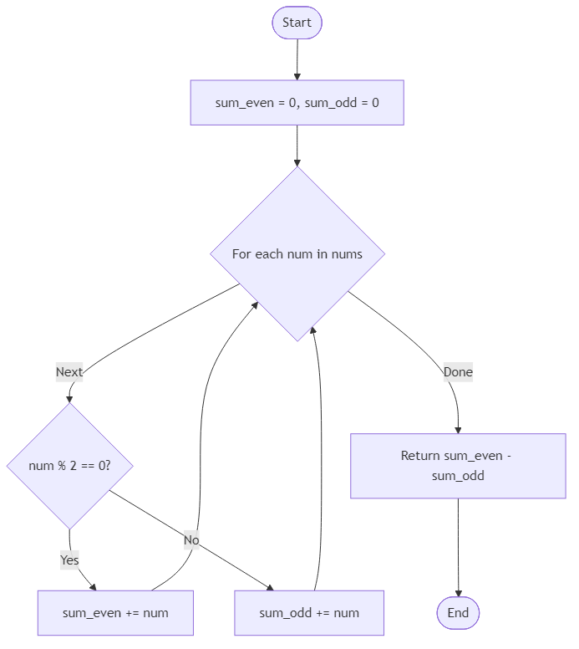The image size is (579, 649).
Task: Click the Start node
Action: click(297, 23)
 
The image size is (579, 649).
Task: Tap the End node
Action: click(458, 613)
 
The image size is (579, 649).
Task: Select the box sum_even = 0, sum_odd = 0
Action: click(297, 103)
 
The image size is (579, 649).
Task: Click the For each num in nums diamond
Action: click(297, 253)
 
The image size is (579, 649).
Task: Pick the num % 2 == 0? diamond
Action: click(69, 465)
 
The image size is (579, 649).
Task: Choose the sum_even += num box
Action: click(115, 613)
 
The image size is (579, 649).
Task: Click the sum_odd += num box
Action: click(309, 613)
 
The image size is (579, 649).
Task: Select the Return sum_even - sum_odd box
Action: click(458, 466)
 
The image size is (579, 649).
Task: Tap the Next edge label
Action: click(69, 371)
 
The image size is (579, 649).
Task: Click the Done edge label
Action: click(458, 372)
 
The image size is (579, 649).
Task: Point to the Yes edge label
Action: click(69, 560)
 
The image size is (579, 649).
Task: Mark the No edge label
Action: click(191, 540)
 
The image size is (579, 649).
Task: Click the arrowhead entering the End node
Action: click(459, 592)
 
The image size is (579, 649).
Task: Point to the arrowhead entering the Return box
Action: click(458, 429)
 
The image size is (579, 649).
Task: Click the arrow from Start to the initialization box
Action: click(297, 59)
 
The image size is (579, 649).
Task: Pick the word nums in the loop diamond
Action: click(346, 253)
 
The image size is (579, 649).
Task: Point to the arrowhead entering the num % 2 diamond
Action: click(69, 398)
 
